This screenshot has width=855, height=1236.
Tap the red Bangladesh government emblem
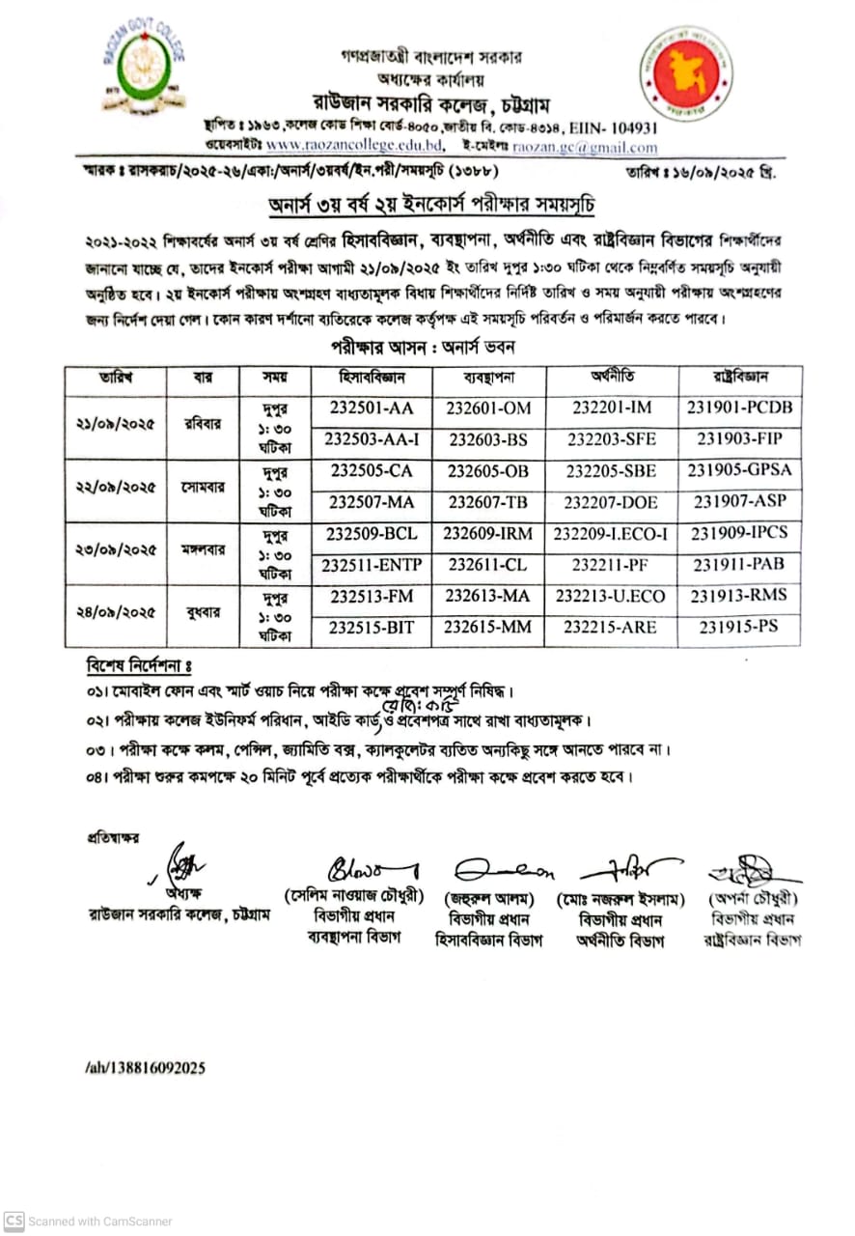coord(686,73)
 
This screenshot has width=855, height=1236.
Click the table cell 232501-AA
coord(371,407)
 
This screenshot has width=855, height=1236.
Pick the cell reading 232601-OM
coord(489,407)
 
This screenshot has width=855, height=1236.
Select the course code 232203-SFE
coord(611,438)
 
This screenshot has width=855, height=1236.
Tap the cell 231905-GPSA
coord(739,470)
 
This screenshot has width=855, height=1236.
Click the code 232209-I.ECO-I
coord(611,533)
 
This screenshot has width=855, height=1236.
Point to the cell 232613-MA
coord(489,596)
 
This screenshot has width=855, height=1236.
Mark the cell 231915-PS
coord(739,627)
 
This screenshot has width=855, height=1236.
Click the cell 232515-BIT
coord(371,627)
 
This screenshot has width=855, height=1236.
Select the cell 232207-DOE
coord(611,501)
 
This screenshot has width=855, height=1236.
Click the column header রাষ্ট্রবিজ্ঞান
coord(739,377)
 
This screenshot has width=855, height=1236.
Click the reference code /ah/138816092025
coord(145,1068)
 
